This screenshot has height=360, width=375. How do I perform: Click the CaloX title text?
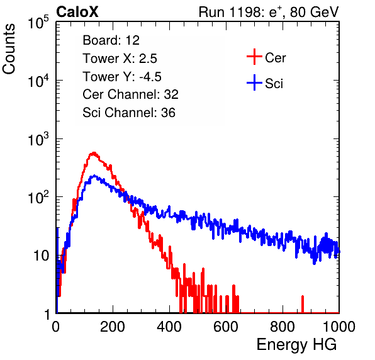pos(77,12)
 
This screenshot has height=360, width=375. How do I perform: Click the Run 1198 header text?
pos(269,12)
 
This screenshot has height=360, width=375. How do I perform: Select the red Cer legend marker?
pos(254,57)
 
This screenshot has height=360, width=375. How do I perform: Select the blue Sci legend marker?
pos(254,82)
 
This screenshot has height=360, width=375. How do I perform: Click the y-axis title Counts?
pos(9,49)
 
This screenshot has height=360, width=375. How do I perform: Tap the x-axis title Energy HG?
pos(296,345)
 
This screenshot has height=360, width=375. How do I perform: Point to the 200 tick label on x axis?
pos(113,327)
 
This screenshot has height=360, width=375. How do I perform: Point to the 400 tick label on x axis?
pos(169,327)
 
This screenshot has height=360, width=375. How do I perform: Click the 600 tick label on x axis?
pos(226,327)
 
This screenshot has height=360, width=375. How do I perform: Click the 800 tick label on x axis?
pos(283,327)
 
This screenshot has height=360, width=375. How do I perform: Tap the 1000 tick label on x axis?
pos(339,327)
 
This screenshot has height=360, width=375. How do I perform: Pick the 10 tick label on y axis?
pos(41,256)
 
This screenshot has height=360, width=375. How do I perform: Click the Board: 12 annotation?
pos(111,40)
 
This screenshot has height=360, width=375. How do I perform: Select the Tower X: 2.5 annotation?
pos(120,59)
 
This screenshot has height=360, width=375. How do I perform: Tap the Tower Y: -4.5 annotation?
pos(122,77)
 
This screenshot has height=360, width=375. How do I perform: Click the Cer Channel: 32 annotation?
pos(131,94)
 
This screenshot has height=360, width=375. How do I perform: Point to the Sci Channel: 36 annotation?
pos(129,113)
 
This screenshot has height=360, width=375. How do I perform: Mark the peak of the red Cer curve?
pos(94,152)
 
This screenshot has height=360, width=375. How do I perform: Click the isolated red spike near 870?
pos(303,304)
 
